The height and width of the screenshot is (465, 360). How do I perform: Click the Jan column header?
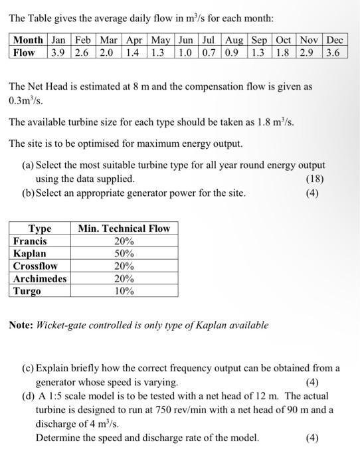coord(58,41)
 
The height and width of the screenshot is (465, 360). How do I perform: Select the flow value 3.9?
coord(58,52)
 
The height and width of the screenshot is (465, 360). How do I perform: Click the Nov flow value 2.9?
coord(308,52)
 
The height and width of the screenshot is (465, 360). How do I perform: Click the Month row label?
coord(28,41)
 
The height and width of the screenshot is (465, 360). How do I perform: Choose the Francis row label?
coord(30,241)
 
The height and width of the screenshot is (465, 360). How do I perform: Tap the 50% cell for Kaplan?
coord(124,254)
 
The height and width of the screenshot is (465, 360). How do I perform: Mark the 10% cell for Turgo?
coord(124,291)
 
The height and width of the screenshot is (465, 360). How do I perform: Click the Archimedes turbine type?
coord(40,278)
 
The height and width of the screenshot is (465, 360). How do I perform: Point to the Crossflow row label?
coord(35,266)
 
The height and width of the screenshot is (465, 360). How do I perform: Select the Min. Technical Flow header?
coord(124,229)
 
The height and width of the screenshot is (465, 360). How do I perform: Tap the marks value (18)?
coord(315,178)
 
